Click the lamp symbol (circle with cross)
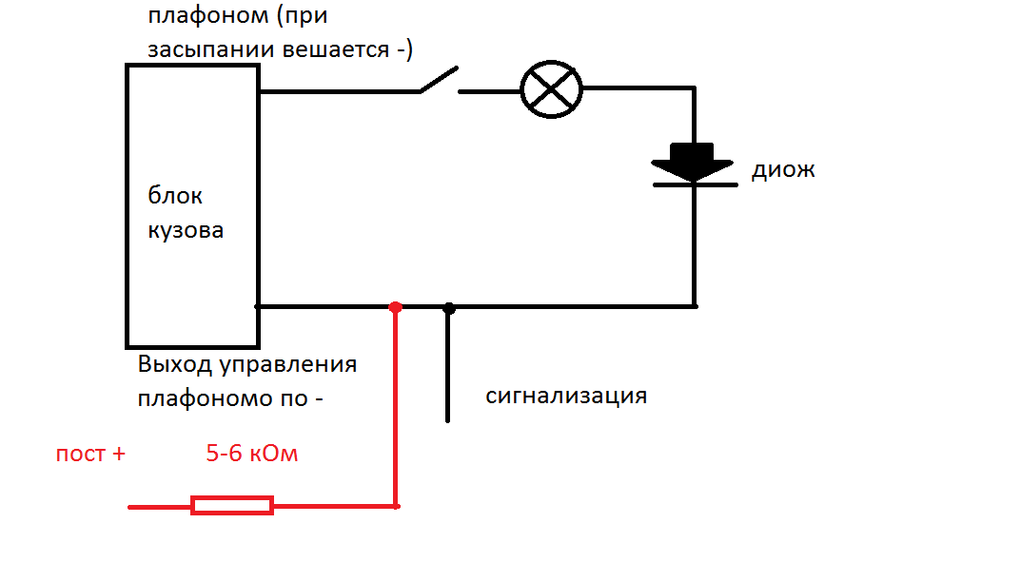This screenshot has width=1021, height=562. pyautogui.click(x=551, y=89)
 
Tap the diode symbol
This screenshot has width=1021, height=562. pyautogui.click(x=694, y=165)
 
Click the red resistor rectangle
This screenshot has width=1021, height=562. pyautogui.click(x=232, y=505)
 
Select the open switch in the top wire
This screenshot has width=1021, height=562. pyautogui.click(x=439, y=81)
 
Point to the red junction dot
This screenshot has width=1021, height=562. pyautogui.click(x=395, y=307)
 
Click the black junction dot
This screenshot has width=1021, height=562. pyautogui.click(x=448, y=308)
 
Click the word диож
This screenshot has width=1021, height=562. pyautogui.click(x=783, y=170)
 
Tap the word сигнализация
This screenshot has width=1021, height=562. pyautogui.click(x=566, y=396)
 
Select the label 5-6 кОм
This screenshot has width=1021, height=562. pyautogui.click(x=252, y=453)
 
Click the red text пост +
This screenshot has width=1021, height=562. pyautogui.click(x=90, y=454)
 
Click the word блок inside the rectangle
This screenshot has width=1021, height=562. pyautogui.click(x=175, y=195)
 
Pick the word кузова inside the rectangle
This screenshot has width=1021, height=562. pyautogui.click(x=186, y=230)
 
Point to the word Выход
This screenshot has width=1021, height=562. pyautogui.click(x=175, y=364)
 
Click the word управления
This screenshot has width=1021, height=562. pyautogui.click(x=287, y=365)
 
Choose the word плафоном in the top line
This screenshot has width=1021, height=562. pyautogui.click(x=207, y=16)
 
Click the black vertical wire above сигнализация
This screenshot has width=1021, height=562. pyautogui.click(x=448, y=365)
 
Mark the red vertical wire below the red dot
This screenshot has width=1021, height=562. pyautogui.click(x=395, y=407)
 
